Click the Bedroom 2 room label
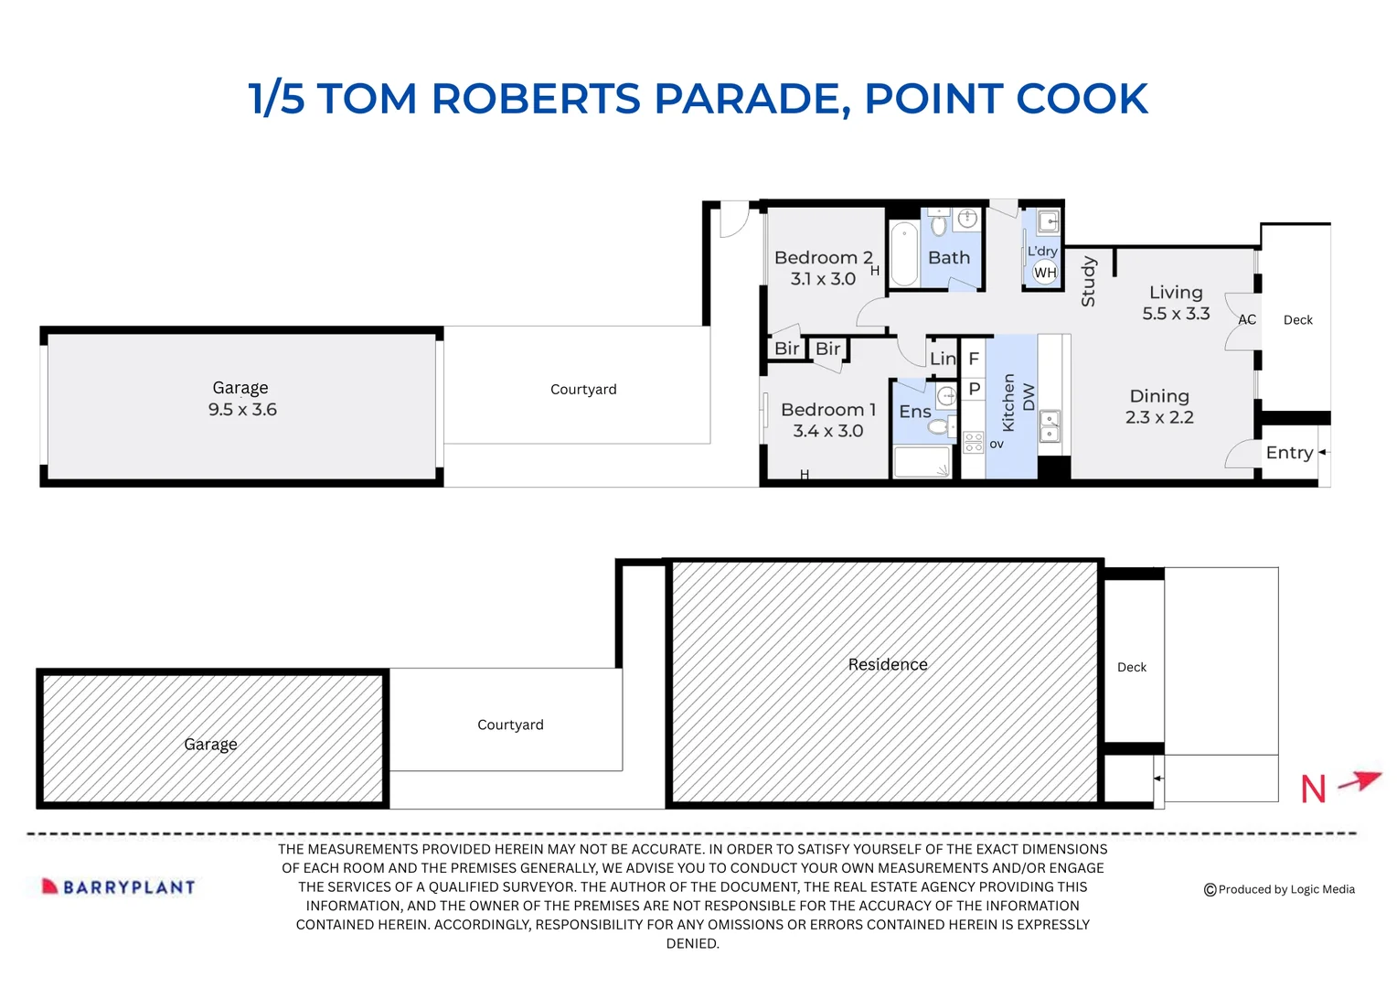coord(823,258)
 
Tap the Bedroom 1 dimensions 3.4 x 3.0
coord(827,431)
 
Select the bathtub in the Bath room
coord(904,253)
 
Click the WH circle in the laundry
coord(1045,273)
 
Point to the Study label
coord(1088,282)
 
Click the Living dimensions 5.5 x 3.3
coord(1176,314)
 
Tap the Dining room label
coord(1159,396)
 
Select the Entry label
coord(1289,453)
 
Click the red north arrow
coord(1360,781)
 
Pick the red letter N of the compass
coord(1314,789)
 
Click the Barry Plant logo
coord(119,886)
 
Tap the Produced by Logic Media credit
coord(1279,889)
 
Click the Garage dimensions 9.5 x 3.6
coord(242,410)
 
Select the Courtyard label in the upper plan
coord(583,390)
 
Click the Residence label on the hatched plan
coord(887,665)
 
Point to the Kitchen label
coord(1008,403)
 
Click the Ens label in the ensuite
coord(914,412)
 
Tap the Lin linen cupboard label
coord(943,359)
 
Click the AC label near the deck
coord(1247,320)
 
